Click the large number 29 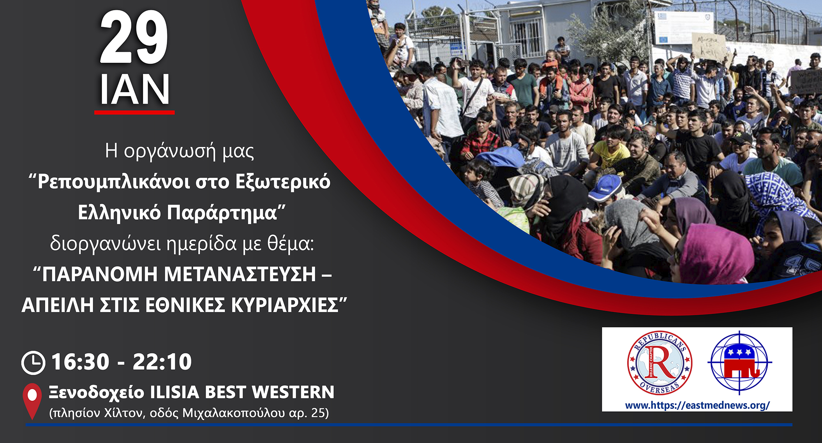tap(134, 37)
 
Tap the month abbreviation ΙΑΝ tap(134, 90)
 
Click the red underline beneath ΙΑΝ tap(134, 112)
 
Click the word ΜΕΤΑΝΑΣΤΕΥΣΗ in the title tap(240, 274)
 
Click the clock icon tap(33, 362)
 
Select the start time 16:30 tap(80, 362)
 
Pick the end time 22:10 tap(162, 362)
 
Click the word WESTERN tap(293, 392)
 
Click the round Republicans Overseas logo tap(659, 362)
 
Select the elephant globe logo tap(739, 362)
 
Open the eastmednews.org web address tap(697, 406)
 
